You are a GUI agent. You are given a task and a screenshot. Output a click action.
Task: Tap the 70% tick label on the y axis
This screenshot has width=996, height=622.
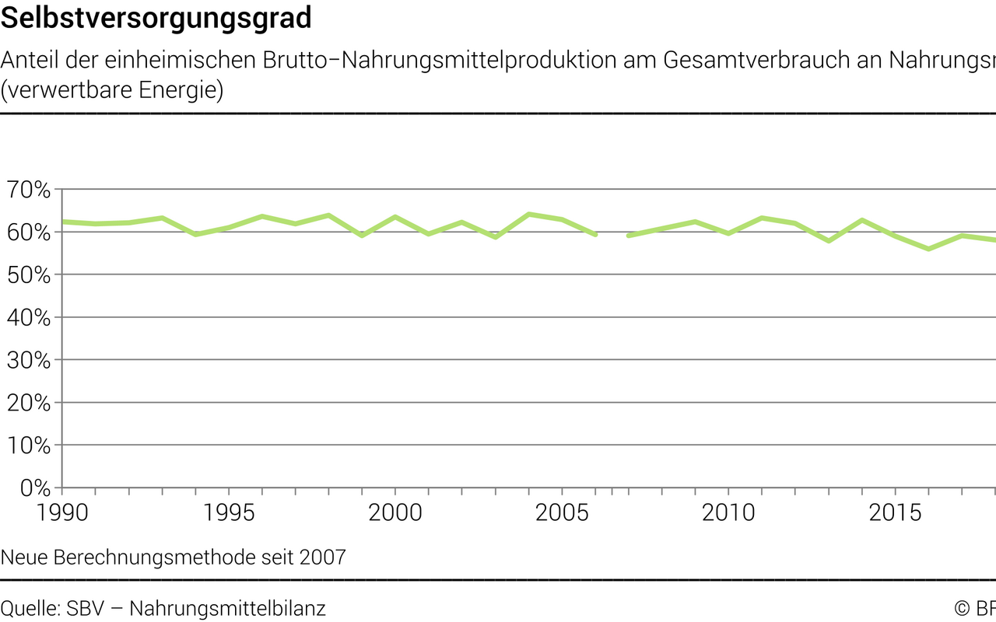[29, 190]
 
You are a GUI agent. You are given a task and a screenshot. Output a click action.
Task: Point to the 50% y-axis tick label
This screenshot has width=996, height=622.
[29, 275]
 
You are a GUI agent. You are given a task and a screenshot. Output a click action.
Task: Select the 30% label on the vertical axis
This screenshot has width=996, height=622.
[29, 361]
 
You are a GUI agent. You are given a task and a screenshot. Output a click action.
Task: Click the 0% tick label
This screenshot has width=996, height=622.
[34, 488]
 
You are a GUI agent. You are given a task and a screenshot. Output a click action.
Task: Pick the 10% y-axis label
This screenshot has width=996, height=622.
[29, 446]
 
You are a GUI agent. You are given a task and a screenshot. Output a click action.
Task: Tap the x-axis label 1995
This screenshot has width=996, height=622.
[229, 513]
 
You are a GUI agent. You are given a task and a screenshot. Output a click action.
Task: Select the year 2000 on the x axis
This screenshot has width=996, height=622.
[395, 513]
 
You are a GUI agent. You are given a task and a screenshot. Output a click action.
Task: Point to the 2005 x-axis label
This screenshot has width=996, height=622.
[562, 513]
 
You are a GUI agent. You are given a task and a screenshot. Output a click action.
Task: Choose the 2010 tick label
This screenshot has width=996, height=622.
[728, 513]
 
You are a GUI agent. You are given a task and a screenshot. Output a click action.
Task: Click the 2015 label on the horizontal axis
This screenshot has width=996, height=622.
[895, 513]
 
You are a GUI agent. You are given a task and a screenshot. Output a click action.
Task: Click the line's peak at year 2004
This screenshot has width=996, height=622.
[528, 214]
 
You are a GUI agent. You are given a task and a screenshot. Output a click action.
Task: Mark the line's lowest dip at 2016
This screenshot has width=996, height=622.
[928, 249]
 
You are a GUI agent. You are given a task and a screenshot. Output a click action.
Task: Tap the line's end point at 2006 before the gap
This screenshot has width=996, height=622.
[595, 234]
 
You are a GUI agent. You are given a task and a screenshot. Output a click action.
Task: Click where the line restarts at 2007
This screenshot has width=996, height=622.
[629, 236]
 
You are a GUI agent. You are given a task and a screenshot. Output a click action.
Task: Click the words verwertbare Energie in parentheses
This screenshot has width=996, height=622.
[112, 91]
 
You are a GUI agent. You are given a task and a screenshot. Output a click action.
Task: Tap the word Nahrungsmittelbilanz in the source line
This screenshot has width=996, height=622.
[227, 608]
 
